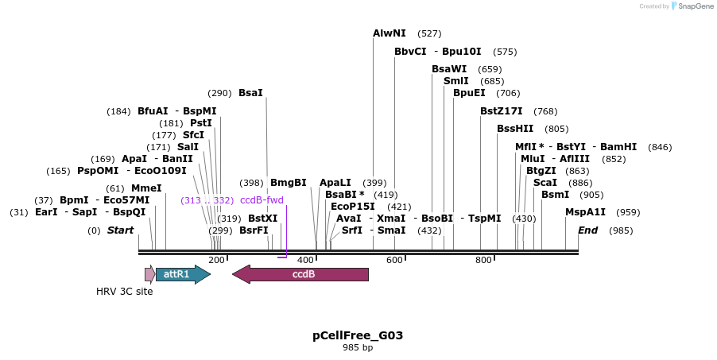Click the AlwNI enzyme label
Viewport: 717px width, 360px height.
point(390,33)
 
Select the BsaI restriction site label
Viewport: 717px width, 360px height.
point(250,93)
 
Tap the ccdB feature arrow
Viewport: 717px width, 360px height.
point(300,274)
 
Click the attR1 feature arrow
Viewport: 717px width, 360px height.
point(182,274)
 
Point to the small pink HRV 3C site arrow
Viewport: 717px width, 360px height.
point(149,274)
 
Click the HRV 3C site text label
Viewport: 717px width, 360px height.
point(125,292)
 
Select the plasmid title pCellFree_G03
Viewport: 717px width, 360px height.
point(358,335)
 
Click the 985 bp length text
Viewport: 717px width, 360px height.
point(358,348)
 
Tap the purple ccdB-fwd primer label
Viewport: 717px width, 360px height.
point(262,200)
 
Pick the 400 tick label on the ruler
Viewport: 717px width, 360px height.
point(305,261)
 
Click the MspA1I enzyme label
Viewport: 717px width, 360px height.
point(585,212)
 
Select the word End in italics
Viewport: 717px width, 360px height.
point(587,230)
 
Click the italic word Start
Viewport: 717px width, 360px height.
point(120,230)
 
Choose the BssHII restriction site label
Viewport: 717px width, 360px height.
point(515,129)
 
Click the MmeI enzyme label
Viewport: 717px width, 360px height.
point(146,188)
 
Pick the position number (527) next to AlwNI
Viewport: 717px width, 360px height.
point(429,33)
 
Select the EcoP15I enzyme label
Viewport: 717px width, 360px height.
point(353,207)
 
